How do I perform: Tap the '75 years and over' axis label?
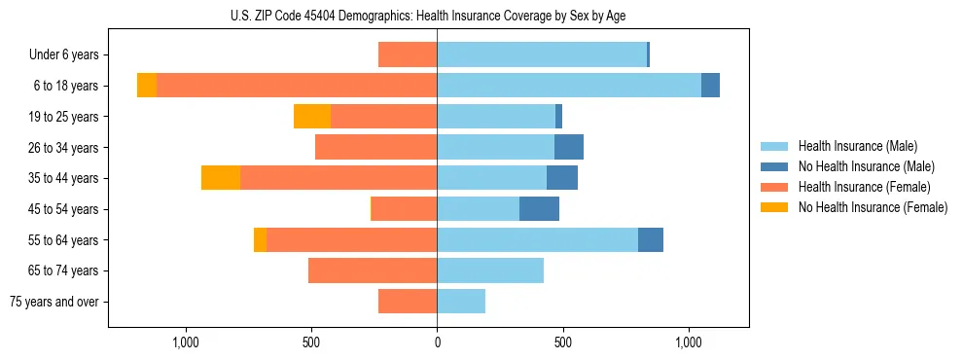(54, 302)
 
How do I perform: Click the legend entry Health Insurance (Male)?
(857, 146)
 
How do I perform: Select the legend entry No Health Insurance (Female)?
(873, 207)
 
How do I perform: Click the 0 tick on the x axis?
(437, 342)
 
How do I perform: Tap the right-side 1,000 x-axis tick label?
(688, 342)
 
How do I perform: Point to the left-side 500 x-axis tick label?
(311, 342)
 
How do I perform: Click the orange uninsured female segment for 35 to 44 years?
(221, 178)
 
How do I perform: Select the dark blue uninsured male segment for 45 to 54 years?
(539, 209)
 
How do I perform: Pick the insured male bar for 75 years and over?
(461, 302)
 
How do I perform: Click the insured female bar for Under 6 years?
(408, 55)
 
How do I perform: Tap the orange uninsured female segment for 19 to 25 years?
(312, 117)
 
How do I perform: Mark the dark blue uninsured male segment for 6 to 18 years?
(710, 86)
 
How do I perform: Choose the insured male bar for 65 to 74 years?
(490, 270)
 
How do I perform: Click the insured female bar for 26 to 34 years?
(375, 148)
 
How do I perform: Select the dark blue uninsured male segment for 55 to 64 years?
(651, 239)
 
